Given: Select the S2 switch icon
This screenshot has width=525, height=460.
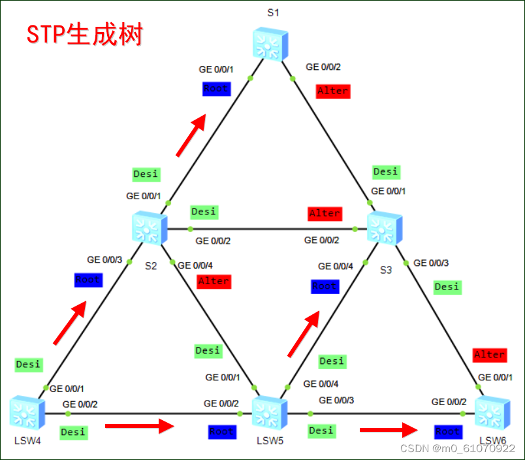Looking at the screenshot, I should (x=150, y=229).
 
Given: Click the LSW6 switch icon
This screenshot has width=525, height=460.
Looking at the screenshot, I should (x=492, y=413).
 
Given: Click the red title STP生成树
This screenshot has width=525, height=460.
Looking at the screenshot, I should (x=84, y=34).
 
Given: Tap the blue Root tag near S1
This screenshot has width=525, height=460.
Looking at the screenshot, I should (x=216, y=89).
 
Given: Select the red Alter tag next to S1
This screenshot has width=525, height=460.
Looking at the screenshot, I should (x=333, y=91).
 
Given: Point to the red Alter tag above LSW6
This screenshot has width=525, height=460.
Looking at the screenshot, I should (x=490, y=355).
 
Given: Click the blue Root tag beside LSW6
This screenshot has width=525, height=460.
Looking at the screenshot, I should (x=448, y=432).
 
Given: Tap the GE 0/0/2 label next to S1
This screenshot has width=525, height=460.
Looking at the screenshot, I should (x=323, y=67).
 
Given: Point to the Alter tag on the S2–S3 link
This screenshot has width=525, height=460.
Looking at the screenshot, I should (x=325, y=214).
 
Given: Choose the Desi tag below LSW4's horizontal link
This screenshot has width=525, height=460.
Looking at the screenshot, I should (x=72, y=432).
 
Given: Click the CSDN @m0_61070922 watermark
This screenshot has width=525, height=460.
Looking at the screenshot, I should (x=457, y=448).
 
